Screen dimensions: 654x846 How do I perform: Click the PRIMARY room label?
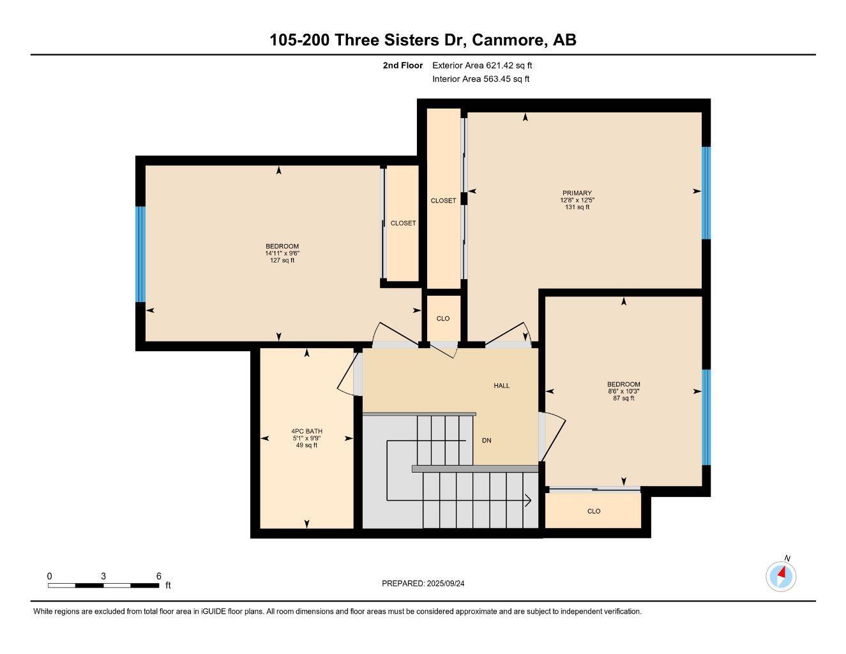pyautogui.click(x=577, y=193)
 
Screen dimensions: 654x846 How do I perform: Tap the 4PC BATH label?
pyautogui.click(x=306, y=431)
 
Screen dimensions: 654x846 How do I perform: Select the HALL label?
pyautogui.click(x=501, y=386)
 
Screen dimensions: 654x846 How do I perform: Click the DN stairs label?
pyautogui.click(x=487, y=441)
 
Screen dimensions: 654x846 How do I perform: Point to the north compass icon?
pyautogui.click(x=781, y=576)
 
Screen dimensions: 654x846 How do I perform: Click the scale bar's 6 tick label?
pyautogui.click(x=158, y=576)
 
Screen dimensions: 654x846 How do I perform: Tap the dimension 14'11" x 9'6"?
pyautogui.click(x=282, y=254)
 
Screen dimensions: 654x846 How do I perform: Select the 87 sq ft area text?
pyautogui.click(x=623, y=399)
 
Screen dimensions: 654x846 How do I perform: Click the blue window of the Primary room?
pyautogui.click(x=706, y=193)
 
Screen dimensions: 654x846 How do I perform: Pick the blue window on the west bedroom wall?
pyautogui.click(x=140, y=254)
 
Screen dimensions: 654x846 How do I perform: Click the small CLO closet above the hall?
pyautogui.click(x=442, y=318)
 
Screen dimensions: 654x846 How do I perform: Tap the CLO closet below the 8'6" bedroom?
pyautogui.click(x=594, y=511)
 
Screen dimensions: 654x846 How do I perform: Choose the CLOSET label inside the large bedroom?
pyautogui.click(x=403, y=224)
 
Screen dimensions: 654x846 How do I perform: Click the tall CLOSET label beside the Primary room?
pyautogui.click(x=443, y=201)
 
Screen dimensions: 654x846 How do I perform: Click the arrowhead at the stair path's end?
pyautogui.click(x=529, y=500)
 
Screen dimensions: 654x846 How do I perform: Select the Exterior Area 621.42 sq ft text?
pyautogui.click(x=482, y=65)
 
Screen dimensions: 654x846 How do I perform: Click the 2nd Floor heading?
pyautogui.click(x=402, y=65)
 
